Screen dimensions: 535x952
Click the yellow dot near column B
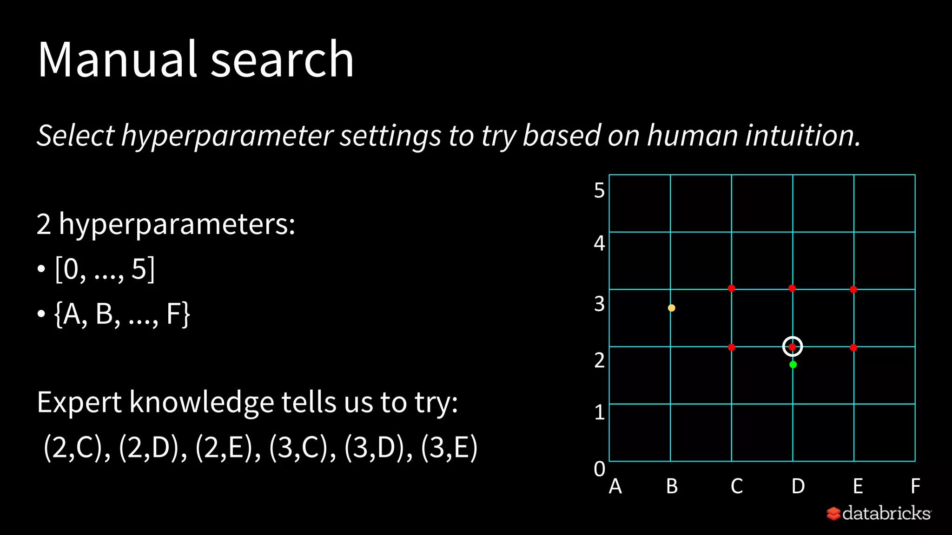671,308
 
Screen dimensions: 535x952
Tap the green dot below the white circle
793,365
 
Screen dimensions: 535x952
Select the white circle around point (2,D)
793,346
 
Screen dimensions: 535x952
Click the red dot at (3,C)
731,288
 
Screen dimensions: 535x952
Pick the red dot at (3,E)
853,289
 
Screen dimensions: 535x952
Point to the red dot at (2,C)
731,347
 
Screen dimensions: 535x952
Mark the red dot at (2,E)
853,347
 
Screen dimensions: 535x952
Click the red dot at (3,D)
792,288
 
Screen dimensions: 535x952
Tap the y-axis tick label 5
599,190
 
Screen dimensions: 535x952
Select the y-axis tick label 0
599,469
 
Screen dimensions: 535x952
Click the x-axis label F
915,486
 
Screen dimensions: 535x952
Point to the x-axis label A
615,486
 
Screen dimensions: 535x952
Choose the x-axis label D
798,486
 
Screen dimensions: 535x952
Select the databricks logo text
886,513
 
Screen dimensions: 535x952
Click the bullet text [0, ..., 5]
105,269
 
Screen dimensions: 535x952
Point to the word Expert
79,402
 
